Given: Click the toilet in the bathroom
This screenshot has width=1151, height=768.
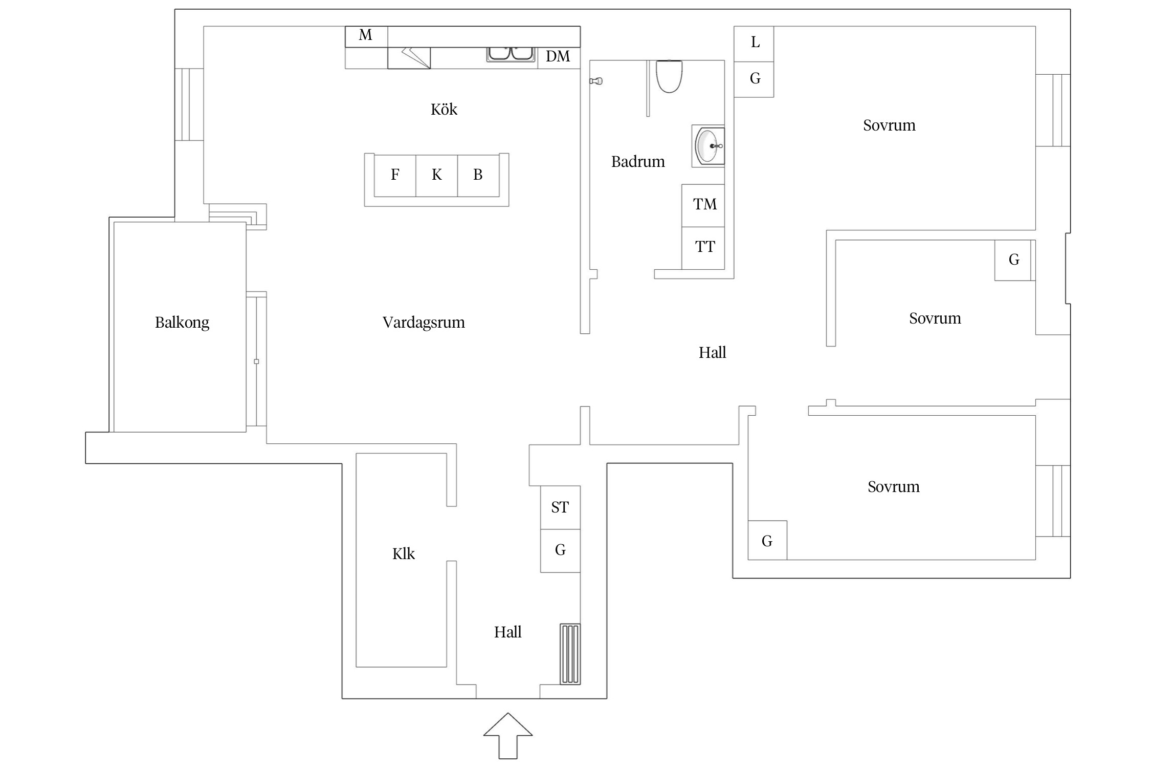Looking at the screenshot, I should [669, 77].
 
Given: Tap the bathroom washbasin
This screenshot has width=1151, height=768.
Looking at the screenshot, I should [709, 146].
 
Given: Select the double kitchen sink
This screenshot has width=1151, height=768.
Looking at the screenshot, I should [510, 54].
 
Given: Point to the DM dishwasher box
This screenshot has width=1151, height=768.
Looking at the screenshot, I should [559, 57].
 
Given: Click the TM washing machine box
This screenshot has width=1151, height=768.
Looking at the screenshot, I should [703, 205].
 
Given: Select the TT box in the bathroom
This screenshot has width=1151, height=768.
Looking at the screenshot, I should [703, 248].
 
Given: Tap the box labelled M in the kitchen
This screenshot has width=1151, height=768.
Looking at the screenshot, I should [366, 36].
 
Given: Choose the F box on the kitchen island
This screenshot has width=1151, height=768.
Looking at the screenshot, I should [395, 175].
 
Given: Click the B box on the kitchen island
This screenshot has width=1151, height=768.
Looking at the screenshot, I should [478, 175].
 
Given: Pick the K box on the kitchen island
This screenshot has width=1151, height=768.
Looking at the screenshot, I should [436, 175].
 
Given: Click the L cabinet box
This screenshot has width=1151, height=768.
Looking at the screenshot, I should [754, 43].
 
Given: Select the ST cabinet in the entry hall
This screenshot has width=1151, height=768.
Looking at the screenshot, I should [560, 507].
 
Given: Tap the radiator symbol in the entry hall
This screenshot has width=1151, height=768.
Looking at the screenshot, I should [570, 654].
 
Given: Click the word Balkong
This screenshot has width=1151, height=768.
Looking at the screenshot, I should [182, 323].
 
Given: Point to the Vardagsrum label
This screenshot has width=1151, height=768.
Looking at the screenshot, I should [424, 323].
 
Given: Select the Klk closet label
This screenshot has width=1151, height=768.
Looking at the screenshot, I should [403, 554].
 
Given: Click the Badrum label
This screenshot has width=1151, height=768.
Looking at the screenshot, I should [638, 162].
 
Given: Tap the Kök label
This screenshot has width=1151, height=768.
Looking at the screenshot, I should [444, 110].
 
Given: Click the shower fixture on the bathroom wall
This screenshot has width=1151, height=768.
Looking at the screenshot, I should [596, 81].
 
